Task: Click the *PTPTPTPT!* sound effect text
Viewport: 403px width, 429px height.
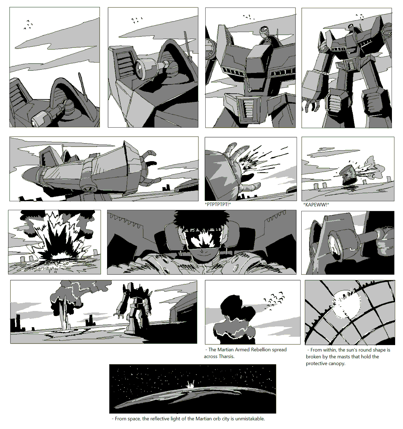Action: pyautogui.click(x=218, y=204)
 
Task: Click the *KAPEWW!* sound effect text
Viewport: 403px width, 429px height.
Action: pyautogui.click(x=316, y=204)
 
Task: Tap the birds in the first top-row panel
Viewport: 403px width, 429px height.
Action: pyautogui.click(x=28, y=24)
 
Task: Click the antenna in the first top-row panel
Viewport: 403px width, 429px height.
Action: pyautogui.click(x=82, y=87)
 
